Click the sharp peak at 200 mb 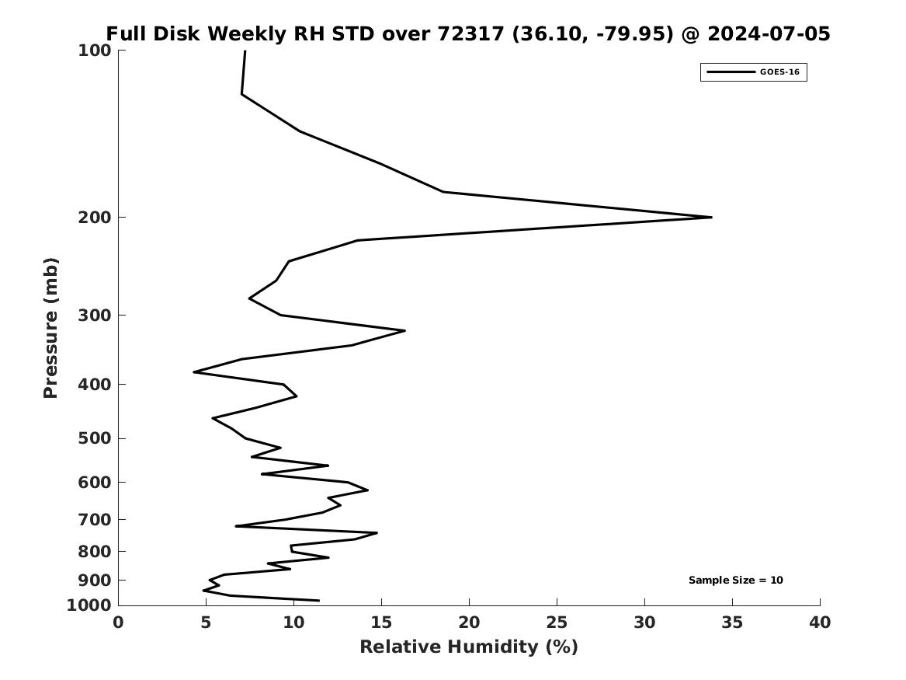711,218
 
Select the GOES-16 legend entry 754,72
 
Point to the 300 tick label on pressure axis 94,316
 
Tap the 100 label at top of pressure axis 94,51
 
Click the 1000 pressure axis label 89,605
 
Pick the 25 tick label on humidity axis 557,622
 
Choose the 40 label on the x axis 820,622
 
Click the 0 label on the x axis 119,622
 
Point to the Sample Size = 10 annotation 735,580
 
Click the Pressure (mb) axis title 50,328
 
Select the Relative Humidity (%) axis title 469,647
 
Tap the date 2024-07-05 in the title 769,33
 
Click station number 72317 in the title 471,33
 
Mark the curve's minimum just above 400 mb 194,371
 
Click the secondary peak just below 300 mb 404,331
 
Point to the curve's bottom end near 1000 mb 318,600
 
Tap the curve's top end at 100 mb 245,51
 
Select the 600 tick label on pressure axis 94,483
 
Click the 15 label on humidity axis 381,622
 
